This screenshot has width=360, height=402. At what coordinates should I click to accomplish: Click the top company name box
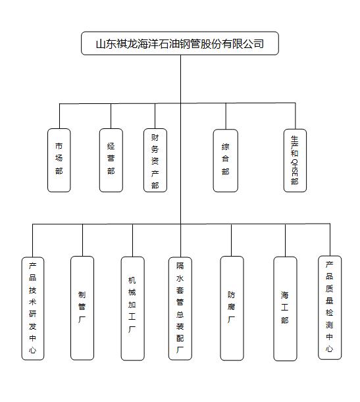pos(180,43)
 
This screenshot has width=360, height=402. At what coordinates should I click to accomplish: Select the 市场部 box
pos(59,161)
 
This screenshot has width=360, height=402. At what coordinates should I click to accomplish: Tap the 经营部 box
pos(111,161)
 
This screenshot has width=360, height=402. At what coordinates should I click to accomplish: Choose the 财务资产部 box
pos(155,161)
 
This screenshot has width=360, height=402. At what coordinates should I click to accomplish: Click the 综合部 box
pos(226,161)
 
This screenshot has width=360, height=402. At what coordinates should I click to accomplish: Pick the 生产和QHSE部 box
pos(295,161)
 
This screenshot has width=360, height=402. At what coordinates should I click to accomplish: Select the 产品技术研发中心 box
pos(33,309)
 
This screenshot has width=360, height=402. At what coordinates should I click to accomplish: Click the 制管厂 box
pos(82,308)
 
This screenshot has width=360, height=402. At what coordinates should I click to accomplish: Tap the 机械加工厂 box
pos(132,309)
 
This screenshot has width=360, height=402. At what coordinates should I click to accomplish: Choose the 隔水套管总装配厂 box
pos(180,309)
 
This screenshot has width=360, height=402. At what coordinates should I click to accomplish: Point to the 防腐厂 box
pos(232,308)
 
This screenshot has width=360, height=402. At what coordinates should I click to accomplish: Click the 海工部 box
pos(285,309)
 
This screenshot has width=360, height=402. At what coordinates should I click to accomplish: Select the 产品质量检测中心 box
pos(330,308)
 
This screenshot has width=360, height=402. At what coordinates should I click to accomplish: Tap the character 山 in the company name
pos(101,44)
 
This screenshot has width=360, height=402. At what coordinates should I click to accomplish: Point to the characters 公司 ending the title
pos(253,44)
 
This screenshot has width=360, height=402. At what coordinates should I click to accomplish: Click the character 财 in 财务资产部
pos(155,138)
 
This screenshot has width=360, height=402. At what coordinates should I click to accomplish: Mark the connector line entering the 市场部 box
pos(59,116)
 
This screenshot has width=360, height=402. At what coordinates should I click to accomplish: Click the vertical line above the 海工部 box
pos(286,240)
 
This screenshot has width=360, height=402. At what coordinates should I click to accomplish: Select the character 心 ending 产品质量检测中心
pos(330,349)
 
